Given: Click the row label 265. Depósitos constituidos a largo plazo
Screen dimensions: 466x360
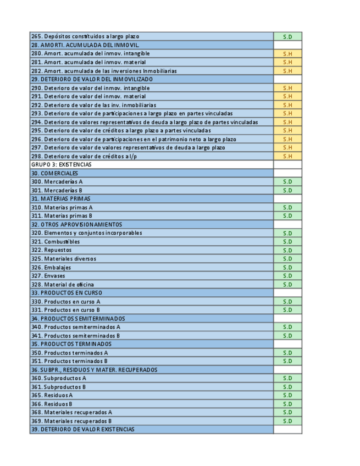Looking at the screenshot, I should [x=85, y=36].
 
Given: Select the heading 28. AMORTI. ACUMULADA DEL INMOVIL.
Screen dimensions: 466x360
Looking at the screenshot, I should [x=85, y=45].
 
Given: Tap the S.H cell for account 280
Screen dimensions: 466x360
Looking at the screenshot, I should [x=287, y=54].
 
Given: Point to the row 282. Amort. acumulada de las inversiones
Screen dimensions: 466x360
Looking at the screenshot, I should [x=104, y=71].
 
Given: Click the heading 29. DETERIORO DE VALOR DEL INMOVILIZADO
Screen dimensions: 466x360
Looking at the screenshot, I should [x=92, y=79].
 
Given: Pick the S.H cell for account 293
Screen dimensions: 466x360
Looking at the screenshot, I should [x=287, y=114].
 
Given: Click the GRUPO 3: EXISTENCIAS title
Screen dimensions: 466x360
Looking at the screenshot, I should [x=62, y=164].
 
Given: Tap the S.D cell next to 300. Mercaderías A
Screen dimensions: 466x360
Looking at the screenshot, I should [x=287, y=182].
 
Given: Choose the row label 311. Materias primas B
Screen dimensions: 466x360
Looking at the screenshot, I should [x=62, y=216].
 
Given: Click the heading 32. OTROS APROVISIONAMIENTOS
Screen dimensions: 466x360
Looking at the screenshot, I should [x=77, y=225].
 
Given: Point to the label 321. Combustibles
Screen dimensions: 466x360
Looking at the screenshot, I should [x=56, y=242].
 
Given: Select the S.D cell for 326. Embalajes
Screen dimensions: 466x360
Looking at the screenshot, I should [x=287, y=268].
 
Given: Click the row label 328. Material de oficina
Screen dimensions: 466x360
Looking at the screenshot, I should [x=63, y=285].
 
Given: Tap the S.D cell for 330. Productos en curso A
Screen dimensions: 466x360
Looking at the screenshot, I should [x=287, y=302].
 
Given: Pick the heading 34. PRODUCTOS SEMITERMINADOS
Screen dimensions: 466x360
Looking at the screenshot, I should [x=78, y=319].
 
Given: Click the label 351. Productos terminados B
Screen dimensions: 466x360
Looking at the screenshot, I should [x=69, y=361].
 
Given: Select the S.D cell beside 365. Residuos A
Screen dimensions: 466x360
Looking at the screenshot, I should [x=287, y=396].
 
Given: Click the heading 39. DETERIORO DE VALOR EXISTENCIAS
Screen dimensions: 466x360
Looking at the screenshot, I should [x=82, y=429].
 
